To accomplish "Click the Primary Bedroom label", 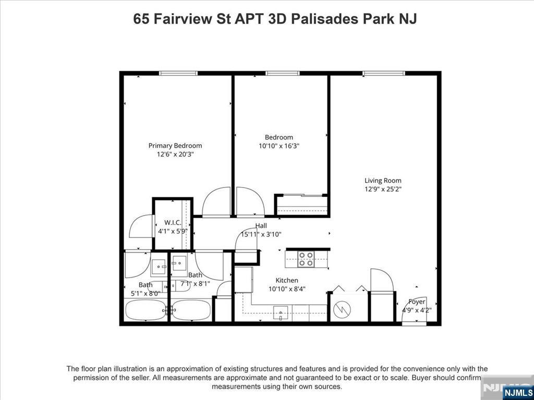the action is click(175, 146).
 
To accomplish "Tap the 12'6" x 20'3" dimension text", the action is click(175, 154).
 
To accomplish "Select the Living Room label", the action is click(383, 181).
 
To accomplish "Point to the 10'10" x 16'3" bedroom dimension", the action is click(279, 146).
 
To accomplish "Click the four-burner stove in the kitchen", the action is click(306, 259).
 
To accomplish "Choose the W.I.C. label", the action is click(173, 223).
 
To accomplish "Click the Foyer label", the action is click(417, 302).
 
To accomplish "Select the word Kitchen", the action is click(287, 280).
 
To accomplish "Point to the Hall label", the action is click(261, 226).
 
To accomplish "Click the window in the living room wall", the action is click(384, 73).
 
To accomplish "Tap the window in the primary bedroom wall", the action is click(178, 73).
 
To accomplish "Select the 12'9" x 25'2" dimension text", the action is click(383, 190).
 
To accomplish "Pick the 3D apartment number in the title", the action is click(277, 19).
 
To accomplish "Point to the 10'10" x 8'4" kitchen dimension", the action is click(287, 289).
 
